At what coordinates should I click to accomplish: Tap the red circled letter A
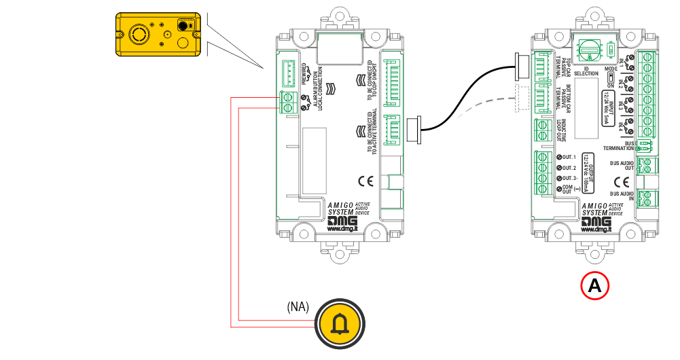point(594,286)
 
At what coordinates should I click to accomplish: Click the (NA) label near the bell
point(298,306)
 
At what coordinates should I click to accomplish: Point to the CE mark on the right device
point(621,181)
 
